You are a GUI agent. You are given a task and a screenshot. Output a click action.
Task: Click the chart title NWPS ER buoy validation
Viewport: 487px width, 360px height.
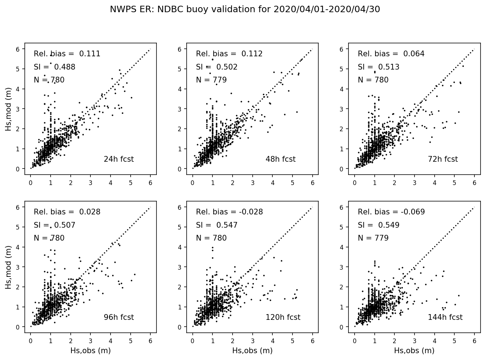[245, 10]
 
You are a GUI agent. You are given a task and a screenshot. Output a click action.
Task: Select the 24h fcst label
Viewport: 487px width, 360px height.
[118, 159]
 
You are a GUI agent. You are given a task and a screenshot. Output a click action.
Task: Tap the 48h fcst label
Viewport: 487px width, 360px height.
[280, 159]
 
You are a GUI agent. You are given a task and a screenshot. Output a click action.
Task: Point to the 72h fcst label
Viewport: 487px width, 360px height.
[442, 159]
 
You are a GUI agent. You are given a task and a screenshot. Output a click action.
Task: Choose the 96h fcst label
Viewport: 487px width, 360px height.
[118, 317]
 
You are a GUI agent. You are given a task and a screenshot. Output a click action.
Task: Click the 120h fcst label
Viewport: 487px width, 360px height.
[283, 317]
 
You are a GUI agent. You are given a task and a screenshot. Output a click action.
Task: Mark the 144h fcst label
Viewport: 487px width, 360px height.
[445, 317]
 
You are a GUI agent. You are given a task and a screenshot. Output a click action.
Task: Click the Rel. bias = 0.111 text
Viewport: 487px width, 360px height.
[67, 54]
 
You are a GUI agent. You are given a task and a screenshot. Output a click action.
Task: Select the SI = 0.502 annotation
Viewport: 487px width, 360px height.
[217, 67]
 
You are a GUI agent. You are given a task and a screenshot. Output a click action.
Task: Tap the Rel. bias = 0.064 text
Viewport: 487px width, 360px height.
[391, 54]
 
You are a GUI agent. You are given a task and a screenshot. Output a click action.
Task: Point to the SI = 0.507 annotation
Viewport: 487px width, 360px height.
[55, 225]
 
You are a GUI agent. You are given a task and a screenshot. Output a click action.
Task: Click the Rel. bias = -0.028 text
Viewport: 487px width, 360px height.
[229, 212]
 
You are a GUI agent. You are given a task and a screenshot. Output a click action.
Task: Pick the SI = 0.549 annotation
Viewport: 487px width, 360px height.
[379, 225]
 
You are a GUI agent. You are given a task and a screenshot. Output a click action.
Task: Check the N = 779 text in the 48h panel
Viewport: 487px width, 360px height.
[211, 80]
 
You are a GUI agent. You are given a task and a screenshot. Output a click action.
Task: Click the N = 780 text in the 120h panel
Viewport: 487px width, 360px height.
[211, 238]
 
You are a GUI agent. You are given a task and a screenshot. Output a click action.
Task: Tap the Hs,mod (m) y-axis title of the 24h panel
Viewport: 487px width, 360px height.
[9, 109]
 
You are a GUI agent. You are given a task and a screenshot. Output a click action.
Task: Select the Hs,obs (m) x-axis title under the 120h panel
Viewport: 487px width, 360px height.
[252, 351]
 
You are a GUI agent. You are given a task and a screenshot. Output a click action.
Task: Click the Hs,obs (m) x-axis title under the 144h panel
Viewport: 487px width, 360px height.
[414, 351]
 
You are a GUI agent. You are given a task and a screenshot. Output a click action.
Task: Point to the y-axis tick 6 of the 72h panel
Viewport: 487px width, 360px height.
[342, 49]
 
